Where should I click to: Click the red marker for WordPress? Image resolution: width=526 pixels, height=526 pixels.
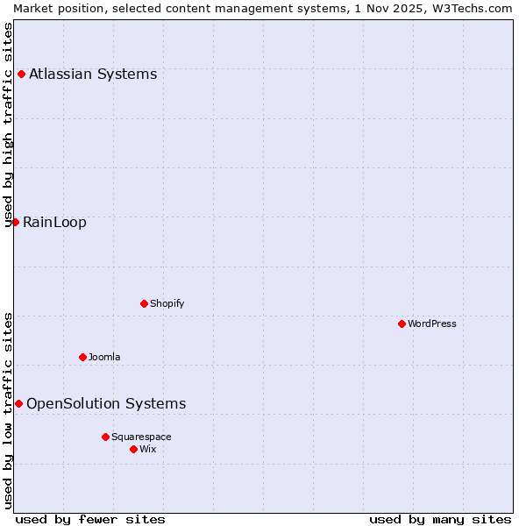[x=402, y=323]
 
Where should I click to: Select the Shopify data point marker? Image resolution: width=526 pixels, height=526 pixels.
[x=144, y=303]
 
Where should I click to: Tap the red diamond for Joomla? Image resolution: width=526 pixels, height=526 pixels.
[x=82, y=357]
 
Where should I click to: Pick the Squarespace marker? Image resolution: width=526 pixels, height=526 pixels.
[x=105, y=437]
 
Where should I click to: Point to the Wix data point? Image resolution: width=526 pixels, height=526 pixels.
[x=133, y=449]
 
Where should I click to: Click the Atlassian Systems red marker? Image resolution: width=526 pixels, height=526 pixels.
[x=21, y=74]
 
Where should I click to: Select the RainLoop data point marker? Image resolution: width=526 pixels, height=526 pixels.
[x=15, y=222]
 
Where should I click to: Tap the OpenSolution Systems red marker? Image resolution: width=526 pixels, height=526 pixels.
[x=18, y=403]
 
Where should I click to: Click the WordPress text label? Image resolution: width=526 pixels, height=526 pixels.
[x=431, y=323]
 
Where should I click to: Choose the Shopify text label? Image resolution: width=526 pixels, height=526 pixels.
[x=167, y=303]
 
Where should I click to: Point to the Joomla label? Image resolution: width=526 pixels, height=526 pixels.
[x=104, y=357]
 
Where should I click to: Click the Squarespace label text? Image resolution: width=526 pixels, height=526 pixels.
[x=141, y=437]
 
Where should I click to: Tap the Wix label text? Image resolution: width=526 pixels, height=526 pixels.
[x=147, y=449]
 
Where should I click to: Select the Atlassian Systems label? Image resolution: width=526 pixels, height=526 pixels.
[x=93, y=74]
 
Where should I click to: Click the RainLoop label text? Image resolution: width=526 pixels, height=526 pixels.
[x=54, y=222]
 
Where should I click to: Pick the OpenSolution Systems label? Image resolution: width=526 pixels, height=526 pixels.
[x=106, y=403]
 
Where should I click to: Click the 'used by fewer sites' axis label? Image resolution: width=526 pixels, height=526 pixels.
[x=90, y=519]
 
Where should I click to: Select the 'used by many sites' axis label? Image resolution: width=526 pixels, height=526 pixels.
[x=440, y=519]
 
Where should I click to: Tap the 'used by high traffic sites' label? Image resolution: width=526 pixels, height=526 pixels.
[x=9, y=124]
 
